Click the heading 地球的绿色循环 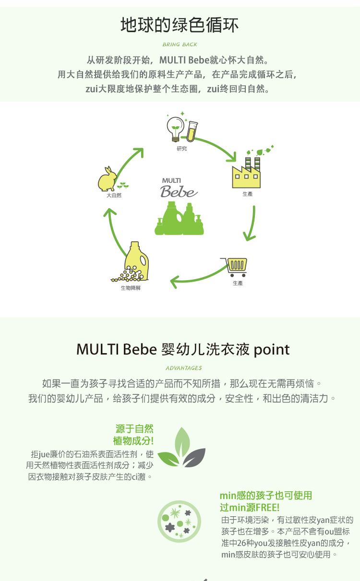pyautogui.click(x=180, y=25)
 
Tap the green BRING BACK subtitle pyautogui.click(x=180, y=45)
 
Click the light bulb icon pyautogui.click(x=176, y=129)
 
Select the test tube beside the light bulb pyautogui.click(x=192, y=131)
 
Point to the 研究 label pyautogui.click(x=182, y=148)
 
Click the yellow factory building pyautogui.click(x=246, y=173)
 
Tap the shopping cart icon pyautogui.click(x=234, y=267)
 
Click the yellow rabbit pyautogui.click(x=107, y=179)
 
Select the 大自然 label pyautogui.click(x=114, y=195)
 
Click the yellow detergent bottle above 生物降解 pyautogui.click(x=136, y=261)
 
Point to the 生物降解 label pyautogui.click(x=131, y=288)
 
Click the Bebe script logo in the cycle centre pyautogui.click(x=179, y=191)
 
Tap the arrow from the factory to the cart pyautogui.click(x=252, y=224)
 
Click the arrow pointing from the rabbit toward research pyautogui.click(x=129, y=163)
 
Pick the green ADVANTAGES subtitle pyautogui.click(x=184, y=368)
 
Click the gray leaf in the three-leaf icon pyautogui.click(x=193, y=458)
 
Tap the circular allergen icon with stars pyautogui.click(x=179, y=522)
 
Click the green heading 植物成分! pyautogui.click(x=133, y=441)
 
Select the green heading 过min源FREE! pyautogui.click(x=250, y=507)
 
